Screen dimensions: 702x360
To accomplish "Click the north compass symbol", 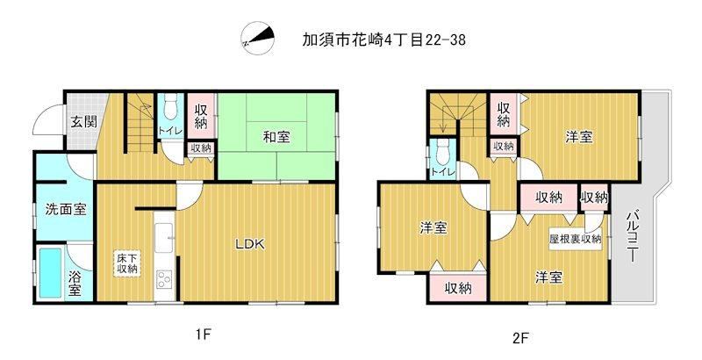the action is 257,38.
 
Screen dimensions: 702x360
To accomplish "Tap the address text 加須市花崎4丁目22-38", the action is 383,40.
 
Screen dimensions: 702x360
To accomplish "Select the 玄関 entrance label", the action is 84,121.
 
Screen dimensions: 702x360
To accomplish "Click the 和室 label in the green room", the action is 276,137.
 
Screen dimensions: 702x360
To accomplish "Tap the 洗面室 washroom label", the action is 66,209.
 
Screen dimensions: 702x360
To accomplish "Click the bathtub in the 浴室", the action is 50,273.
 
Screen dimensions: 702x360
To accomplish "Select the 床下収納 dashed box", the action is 127,263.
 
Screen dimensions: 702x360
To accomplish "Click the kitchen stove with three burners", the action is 164,280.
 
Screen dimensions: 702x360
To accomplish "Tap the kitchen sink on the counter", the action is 164,237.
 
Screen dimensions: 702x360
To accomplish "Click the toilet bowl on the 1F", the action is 171,108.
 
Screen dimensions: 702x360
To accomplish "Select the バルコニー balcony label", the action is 632,236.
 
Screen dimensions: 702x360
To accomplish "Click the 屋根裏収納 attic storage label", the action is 576,239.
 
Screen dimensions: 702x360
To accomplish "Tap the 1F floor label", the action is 203,335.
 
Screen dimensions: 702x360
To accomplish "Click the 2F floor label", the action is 521,336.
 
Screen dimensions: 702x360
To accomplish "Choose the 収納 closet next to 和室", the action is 201,116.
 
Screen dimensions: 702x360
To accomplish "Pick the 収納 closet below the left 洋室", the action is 458,288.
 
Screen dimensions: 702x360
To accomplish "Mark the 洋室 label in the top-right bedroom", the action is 579,137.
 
